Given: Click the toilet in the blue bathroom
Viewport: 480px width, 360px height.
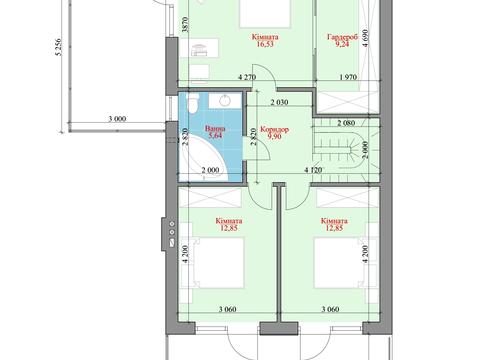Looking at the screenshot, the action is click(192, 103).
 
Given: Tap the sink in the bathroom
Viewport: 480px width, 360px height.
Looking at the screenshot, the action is click(225, 101).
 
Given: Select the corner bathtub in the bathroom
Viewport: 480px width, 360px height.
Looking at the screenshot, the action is click(203, 158).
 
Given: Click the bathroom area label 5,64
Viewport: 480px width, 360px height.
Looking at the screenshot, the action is click(215, 135).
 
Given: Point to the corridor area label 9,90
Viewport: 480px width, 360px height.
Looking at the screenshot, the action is click(274, 136).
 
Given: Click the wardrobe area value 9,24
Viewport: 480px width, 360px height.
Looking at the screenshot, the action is click(342, 44).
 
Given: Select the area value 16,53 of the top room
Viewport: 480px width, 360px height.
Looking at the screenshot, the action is click(265, 44).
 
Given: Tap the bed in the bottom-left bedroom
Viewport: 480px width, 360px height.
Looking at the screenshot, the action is click(218, 263).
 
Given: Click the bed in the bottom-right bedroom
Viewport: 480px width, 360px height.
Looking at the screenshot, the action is click(340, 263).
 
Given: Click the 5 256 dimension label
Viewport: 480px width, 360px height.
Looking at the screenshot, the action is click(59, 47).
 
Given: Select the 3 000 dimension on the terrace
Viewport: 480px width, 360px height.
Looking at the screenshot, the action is click(117, 118).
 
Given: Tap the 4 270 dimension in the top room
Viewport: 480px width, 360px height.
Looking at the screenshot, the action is click(247, 77).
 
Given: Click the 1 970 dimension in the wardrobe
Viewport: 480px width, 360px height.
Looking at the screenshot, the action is click(348, 77).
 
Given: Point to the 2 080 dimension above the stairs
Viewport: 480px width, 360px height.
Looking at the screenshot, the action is click(346, 123).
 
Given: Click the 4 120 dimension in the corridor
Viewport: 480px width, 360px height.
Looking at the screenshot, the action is click(313, 170).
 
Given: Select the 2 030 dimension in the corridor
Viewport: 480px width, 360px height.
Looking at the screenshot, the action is click(279, 102).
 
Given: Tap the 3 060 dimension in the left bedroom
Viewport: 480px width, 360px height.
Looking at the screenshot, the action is click(228, 309).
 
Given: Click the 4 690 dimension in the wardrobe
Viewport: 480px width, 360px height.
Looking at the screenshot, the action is click(365, 38).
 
